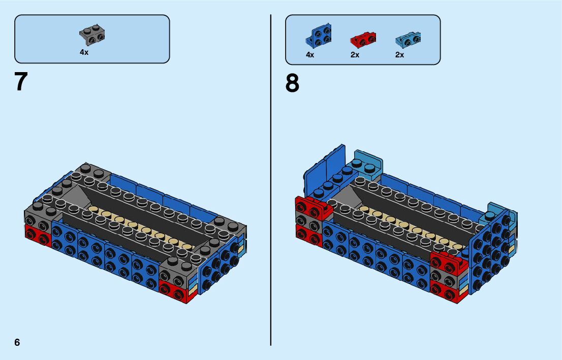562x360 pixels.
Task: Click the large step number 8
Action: coord(292,84)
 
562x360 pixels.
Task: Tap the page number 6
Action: coord(17,342)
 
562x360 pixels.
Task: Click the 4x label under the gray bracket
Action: coord(84,52)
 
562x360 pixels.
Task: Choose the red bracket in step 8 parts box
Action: coord(363,39)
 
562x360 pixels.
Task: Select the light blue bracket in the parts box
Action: coord(408,39)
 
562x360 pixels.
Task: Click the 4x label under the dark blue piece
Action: coord(310,55)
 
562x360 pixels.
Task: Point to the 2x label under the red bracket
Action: coord(355,55)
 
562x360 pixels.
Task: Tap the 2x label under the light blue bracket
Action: coord(400,55)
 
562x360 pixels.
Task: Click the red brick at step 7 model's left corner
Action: coord(38,236)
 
